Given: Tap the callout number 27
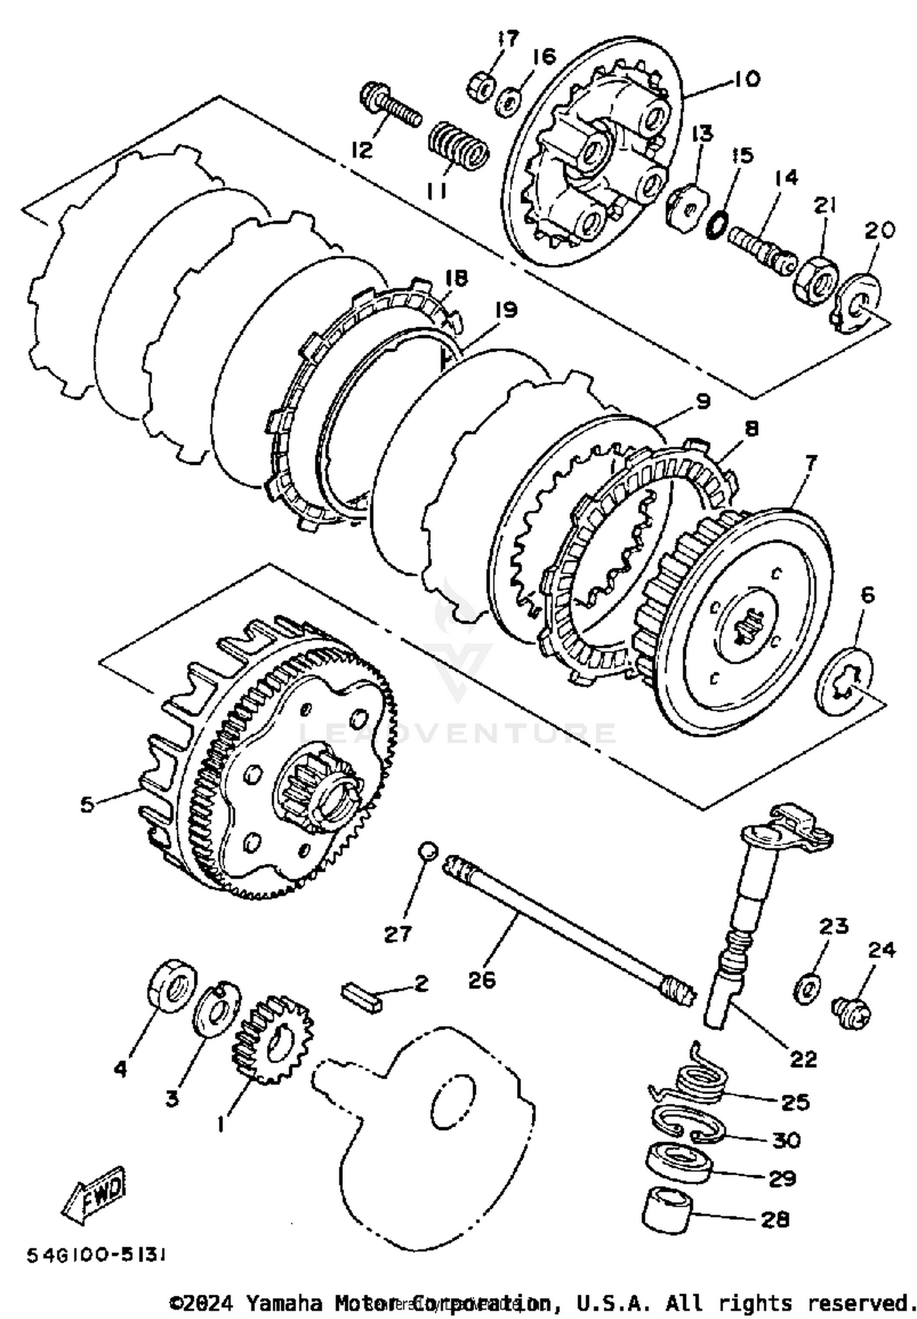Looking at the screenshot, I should click(x=397, y=934).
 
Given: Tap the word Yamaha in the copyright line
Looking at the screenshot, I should click(x=285, y=1302).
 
